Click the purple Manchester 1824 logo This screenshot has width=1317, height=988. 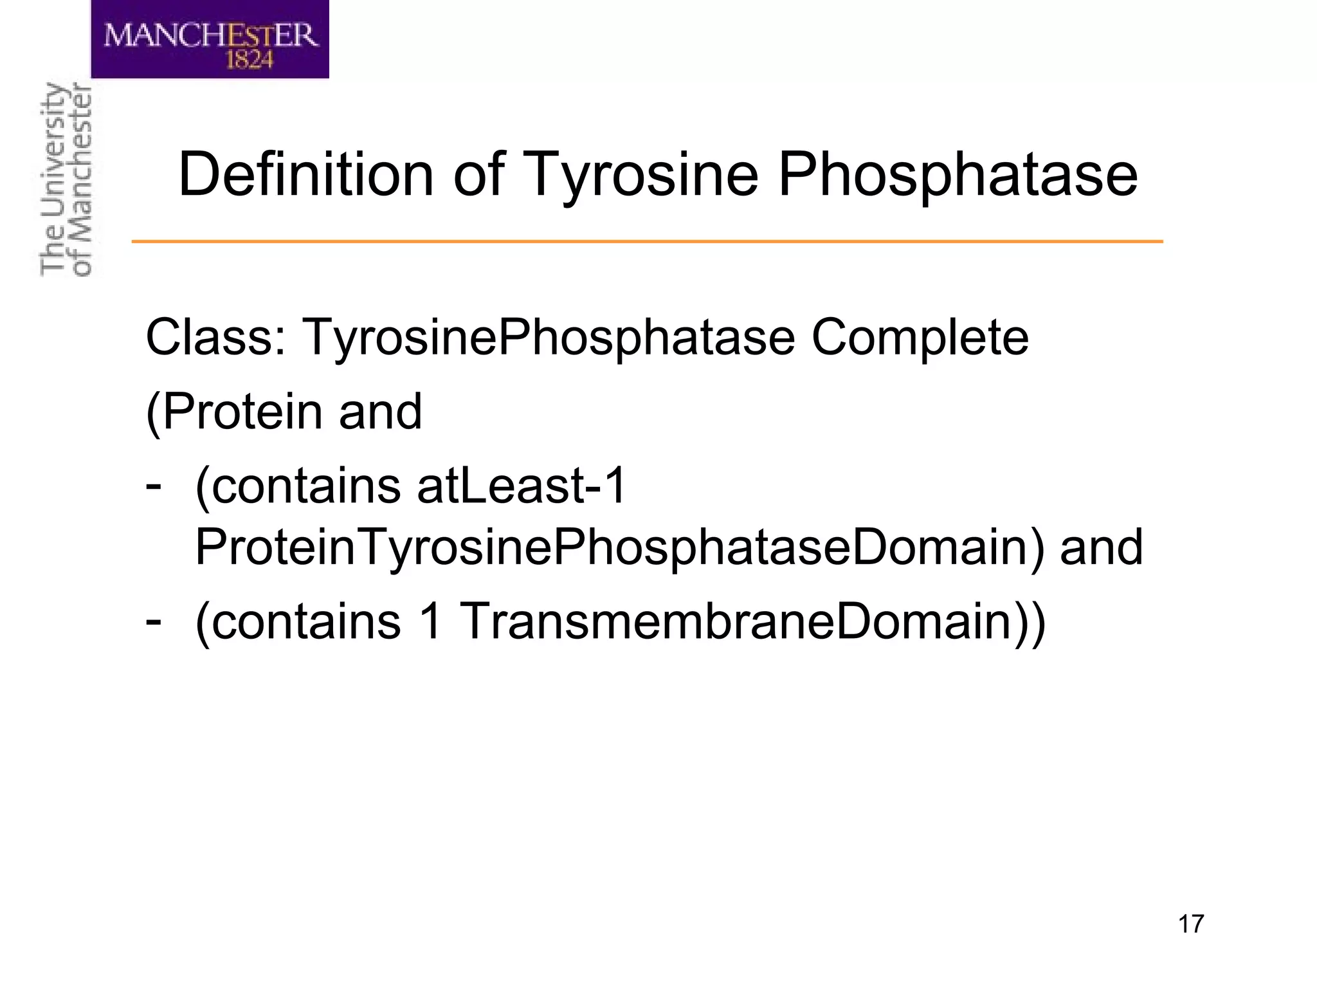coord(210,40)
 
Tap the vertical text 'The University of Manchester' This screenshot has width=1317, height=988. coord(66,180)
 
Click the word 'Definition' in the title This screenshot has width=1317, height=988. coord(306,175)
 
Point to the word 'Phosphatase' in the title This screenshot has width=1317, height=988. coord(958,175)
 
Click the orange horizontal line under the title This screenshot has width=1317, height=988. coord(647,242)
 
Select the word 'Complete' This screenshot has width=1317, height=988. coord(920,339)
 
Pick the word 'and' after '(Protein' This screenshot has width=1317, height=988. coord(380,412)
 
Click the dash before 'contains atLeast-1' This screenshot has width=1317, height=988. coord(153,482)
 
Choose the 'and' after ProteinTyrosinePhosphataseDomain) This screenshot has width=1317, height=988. coord(1101,548)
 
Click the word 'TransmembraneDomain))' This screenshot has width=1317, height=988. coord(752,622)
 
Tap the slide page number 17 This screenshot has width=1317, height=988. coord(1190,924)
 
